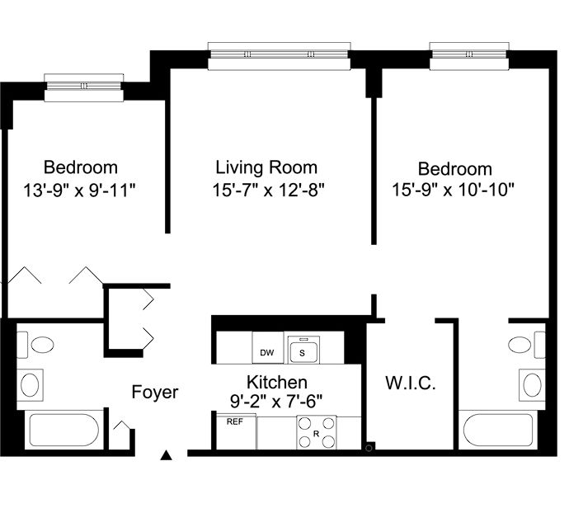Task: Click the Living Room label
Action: [266, 167]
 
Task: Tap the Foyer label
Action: [155, 392]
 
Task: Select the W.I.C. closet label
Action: [411, 383]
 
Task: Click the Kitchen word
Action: [277, 383]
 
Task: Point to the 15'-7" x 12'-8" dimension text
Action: [268, 190]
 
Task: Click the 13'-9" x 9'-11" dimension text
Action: [79, 190]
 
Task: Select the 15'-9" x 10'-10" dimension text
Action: [454, 190]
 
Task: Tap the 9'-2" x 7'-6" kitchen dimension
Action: [276, 402]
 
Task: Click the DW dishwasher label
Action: [267, 352]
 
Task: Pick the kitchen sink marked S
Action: [303, 350]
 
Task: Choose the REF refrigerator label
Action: [235, 422]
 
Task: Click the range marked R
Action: [317, 432]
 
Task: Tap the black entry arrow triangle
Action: [167, 455]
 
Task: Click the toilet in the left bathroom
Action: [35, 344]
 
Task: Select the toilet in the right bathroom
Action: [527, 344]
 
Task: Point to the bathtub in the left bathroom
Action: [63, 430]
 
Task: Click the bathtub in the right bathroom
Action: [498, 430]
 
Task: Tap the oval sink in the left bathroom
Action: [31, 385]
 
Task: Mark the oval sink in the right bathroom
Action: [532, 385]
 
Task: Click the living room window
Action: [279, 55]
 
